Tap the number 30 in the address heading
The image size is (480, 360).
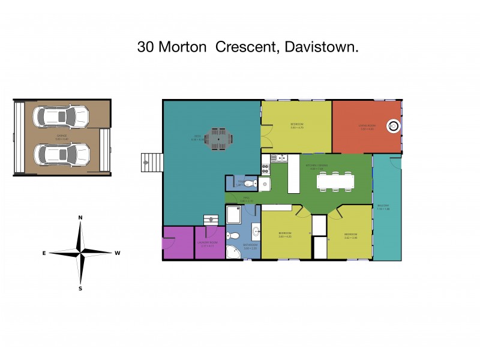145,47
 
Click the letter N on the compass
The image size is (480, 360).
80,218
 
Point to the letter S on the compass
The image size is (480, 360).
80,288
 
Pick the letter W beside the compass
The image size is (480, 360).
118,253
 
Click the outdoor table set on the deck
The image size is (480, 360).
217,138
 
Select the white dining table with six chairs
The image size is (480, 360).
335,181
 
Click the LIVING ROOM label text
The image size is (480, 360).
367,125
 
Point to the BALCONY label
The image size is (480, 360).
383,206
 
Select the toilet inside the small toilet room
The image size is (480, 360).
251,184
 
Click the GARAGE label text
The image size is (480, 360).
61,136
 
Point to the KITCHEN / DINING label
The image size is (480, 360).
317,166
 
